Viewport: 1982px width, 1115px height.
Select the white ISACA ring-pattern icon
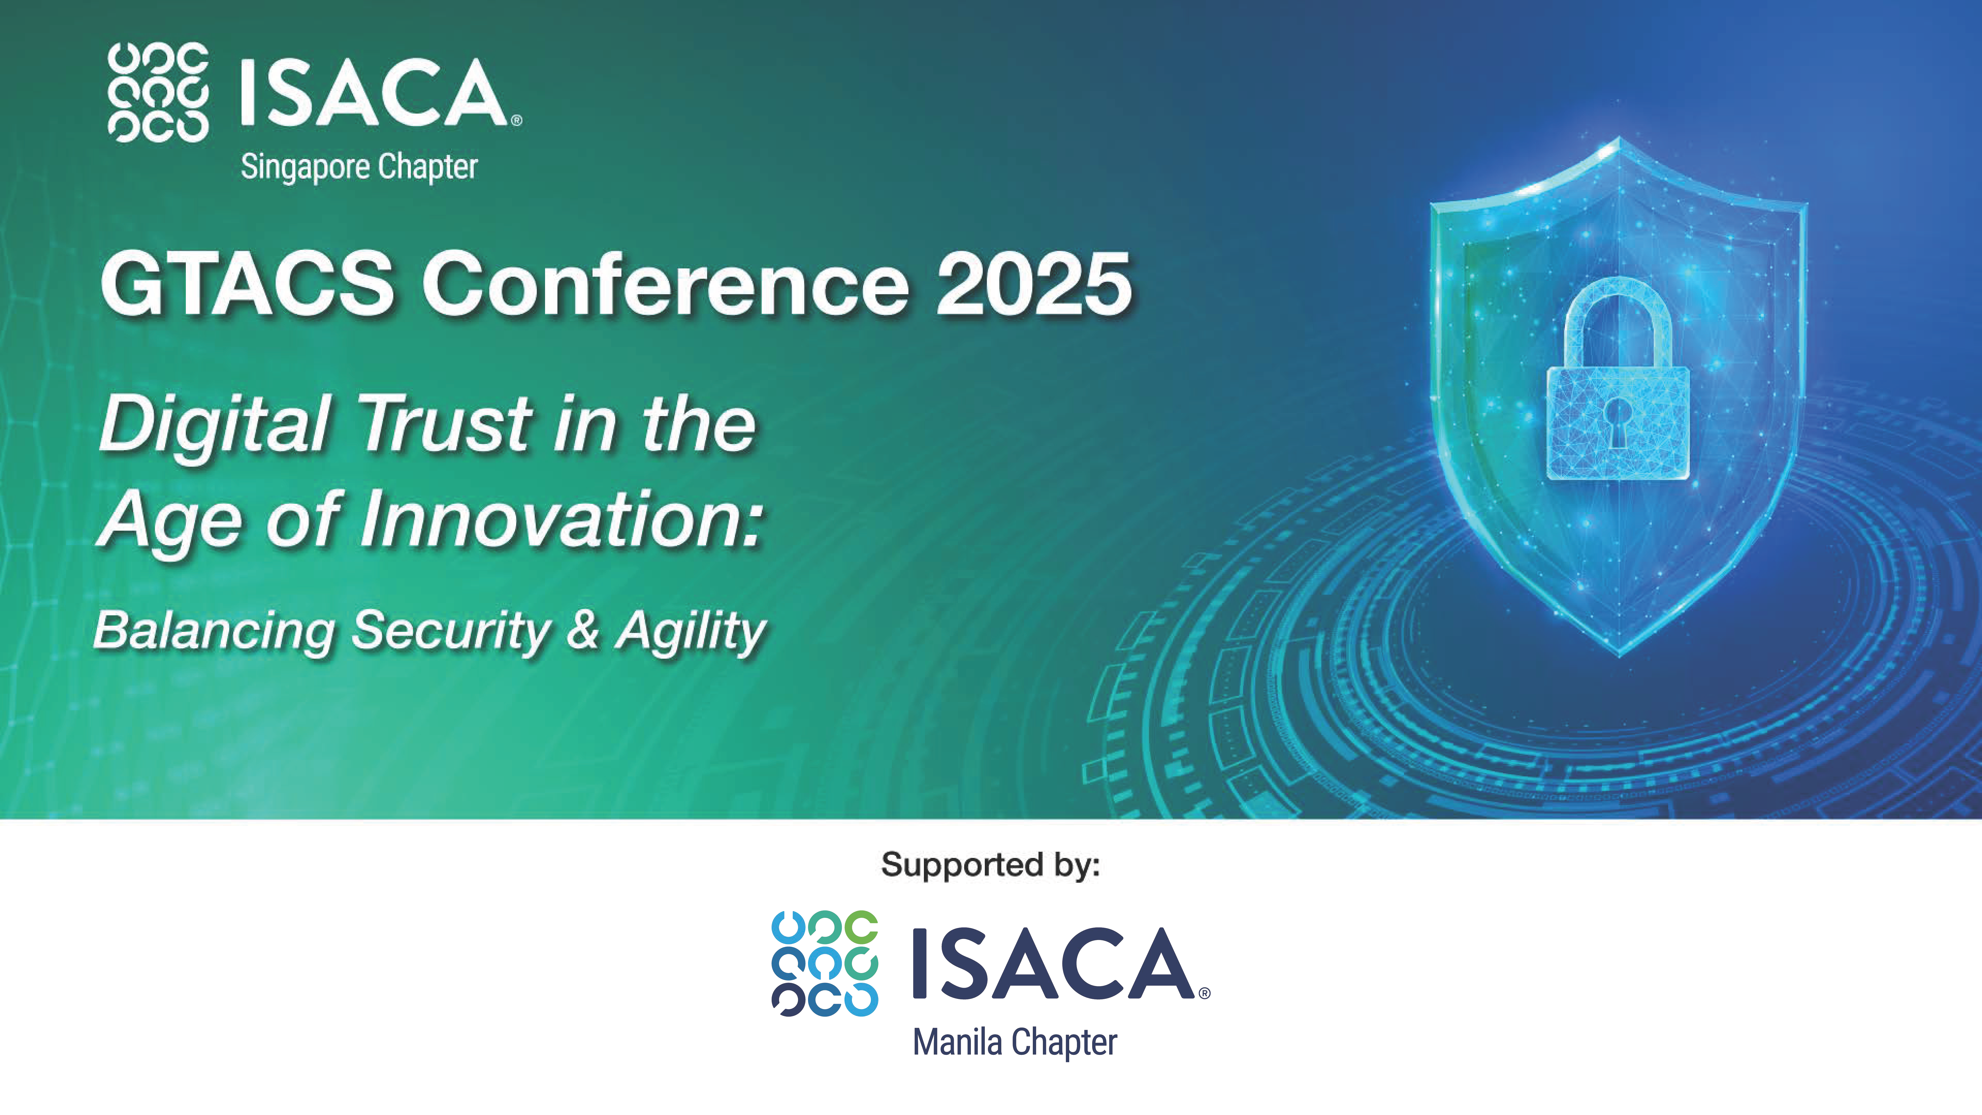pyautogui.click(x=158, y=92)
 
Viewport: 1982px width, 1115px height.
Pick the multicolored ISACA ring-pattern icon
pyautogui.click(x=825, y=963)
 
